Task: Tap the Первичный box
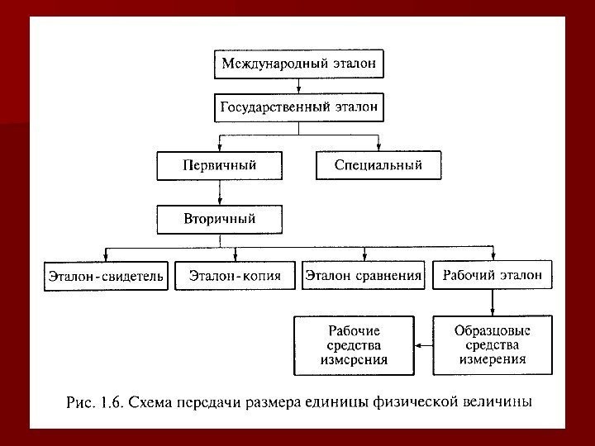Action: [219, 166]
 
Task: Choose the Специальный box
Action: [378, 166]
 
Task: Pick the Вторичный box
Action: [219, 219]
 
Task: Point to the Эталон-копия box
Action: [236, 276]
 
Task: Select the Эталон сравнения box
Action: [364, 276]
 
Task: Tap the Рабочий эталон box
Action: [493, 276]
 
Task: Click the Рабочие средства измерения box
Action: [354, 344]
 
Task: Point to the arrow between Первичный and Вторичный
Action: [219, 192]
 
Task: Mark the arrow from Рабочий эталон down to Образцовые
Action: [493, 302]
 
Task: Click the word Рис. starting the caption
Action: [80, 403]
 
